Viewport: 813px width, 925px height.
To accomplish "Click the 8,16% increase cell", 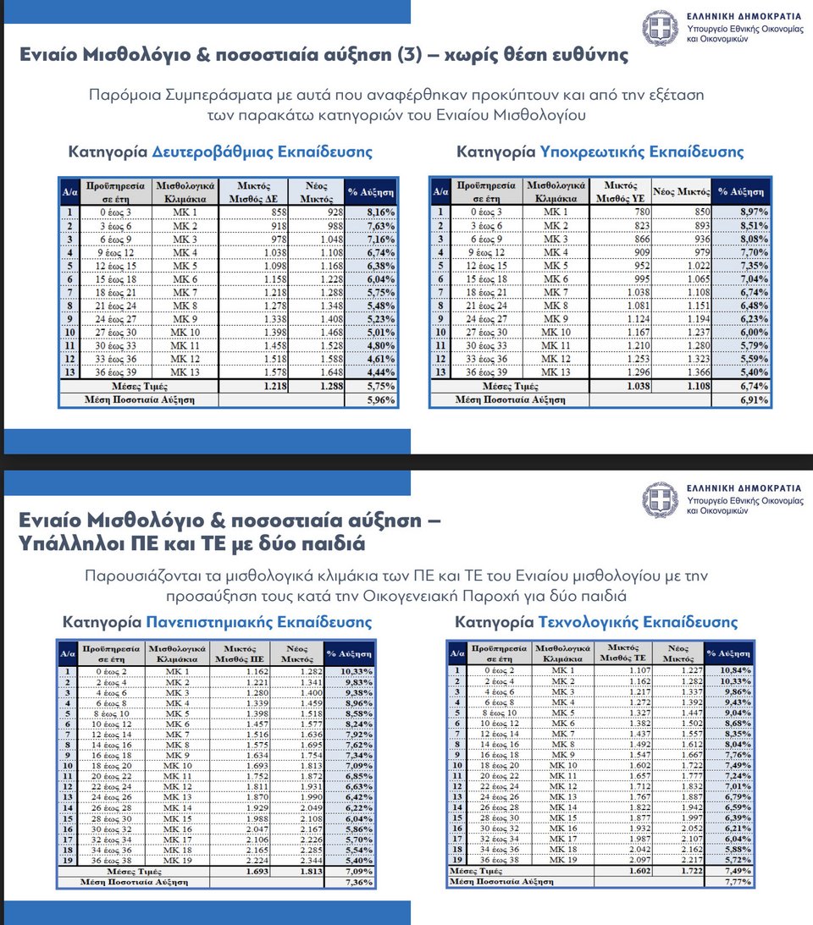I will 371,211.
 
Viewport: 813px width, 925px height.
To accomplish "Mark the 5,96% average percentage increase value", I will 371,399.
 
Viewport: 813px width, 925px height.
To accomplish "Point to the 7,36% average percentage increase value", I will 350,881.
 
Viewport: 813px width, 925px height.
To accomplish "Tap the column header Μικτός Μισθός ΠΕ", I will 230,653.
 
